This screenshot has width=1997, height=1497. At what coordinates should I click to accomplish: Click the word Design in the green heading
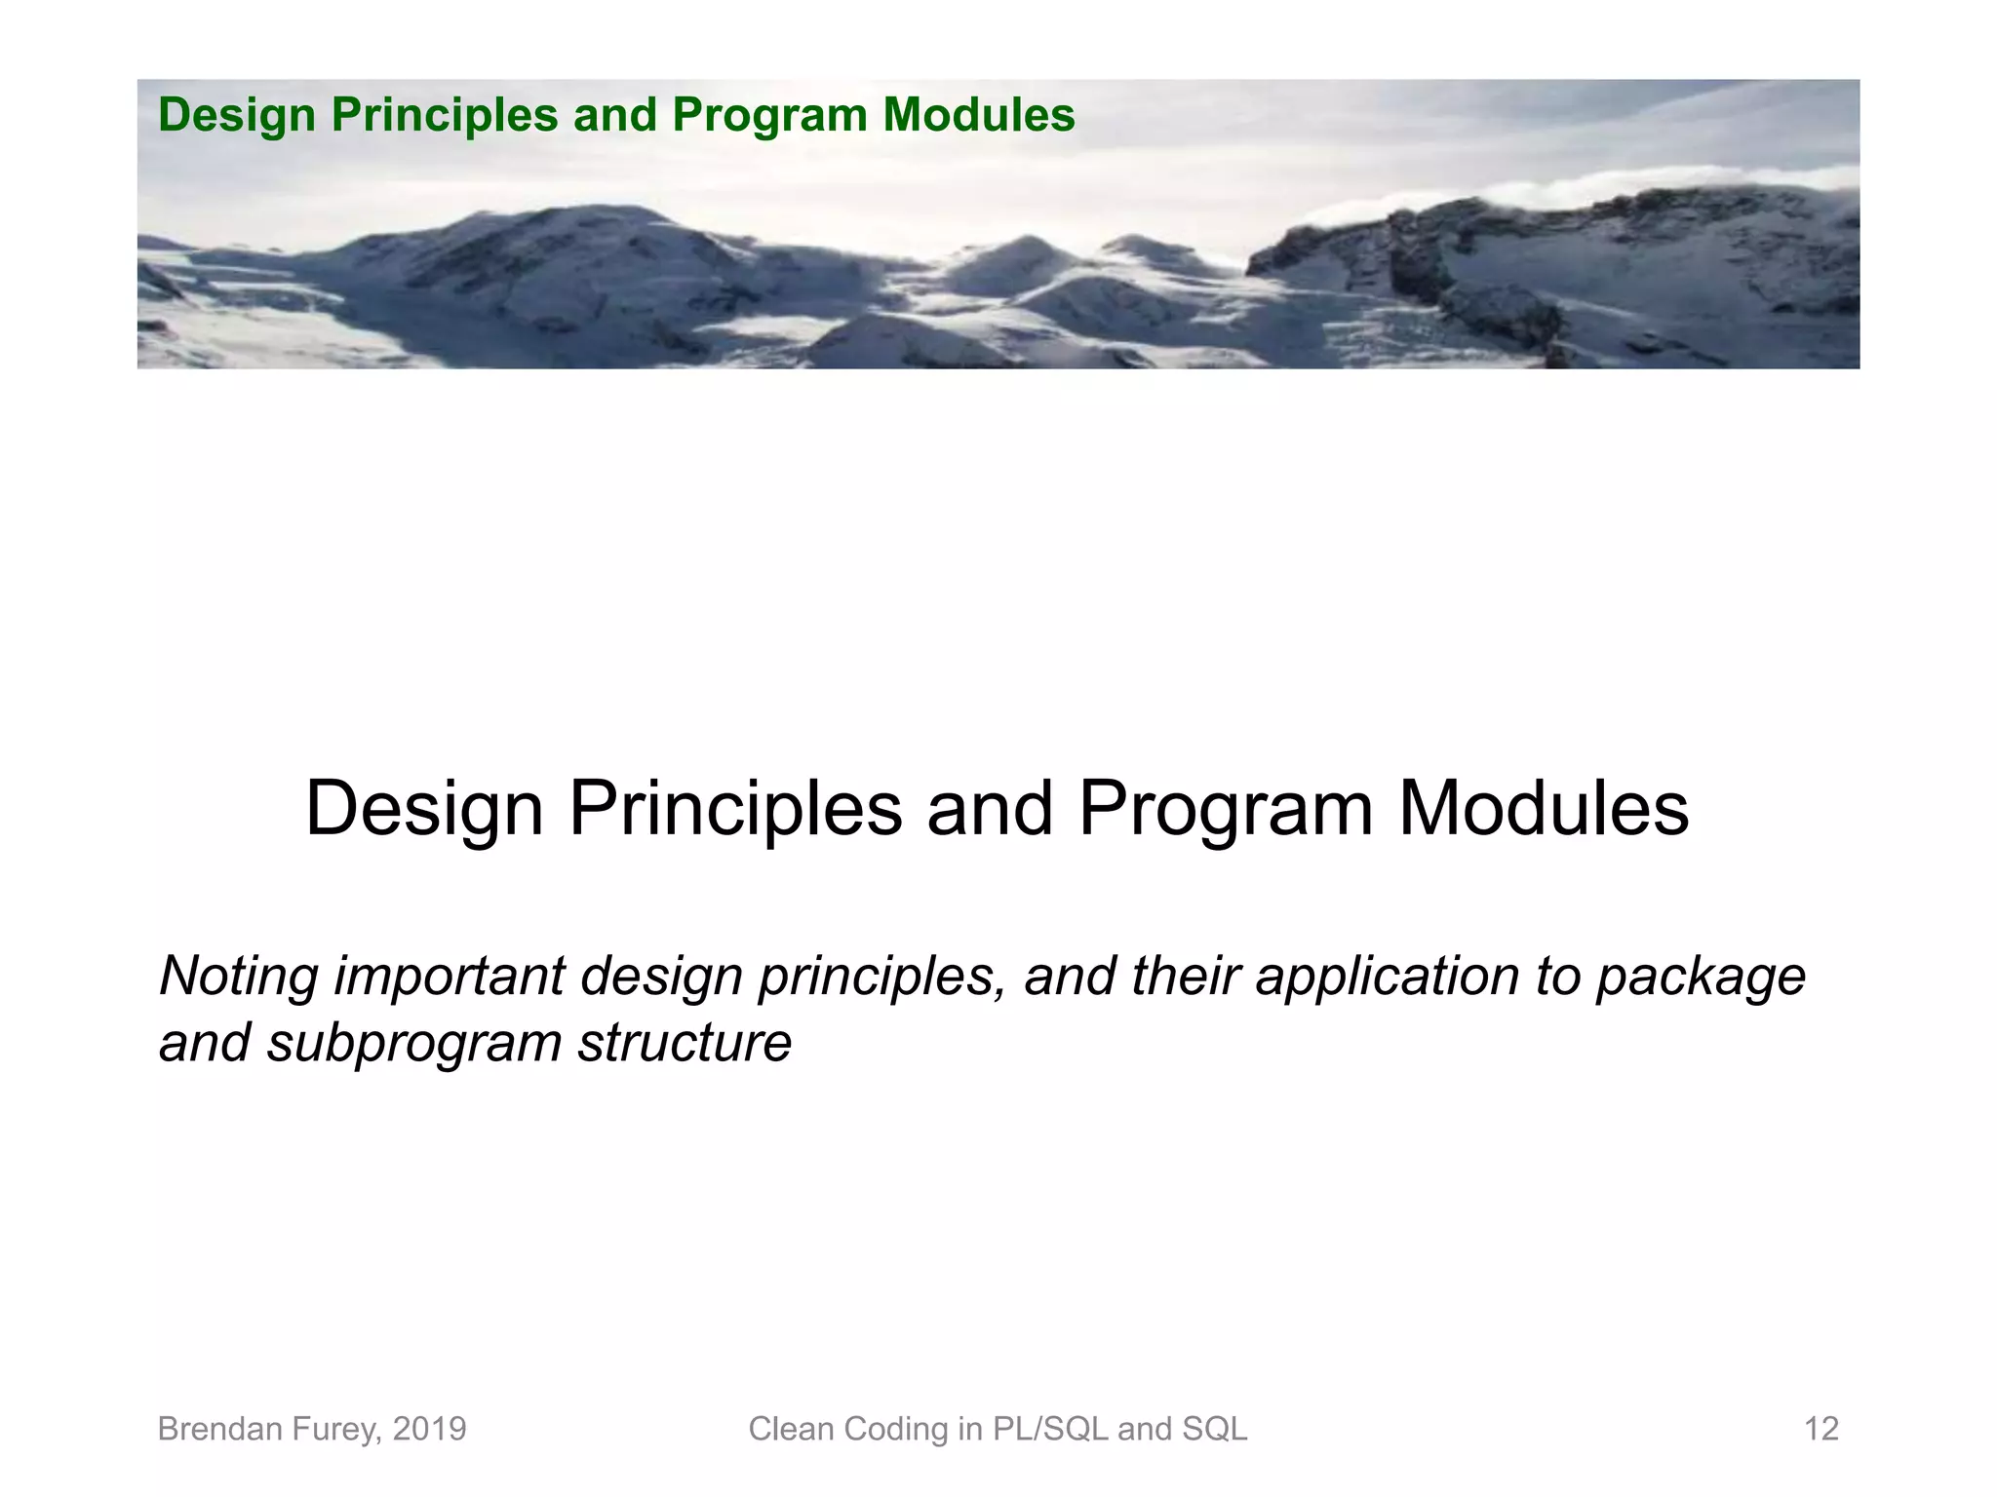click(237, 116)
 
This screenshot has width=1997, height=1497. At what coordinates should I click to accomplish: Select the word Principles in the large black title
click(735, 809)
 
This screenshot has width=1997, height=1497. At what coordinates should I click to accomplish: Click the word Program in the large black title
click(1225, 809)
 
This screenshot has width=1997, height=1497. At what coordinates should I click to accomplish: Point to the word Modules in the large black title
click(1543, 809)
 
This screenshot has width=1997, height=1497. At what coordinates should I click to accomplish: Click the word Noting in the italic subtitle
click(239, 977)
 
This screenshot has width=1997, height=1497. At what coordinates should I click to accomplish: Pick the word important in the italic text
click(450, 977)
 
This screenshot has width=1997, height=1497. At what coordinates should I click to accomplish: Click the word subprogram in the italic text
click(414, 1044)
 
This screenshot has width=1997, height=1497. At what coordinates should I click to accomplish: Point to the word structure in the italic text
click(685, 1043)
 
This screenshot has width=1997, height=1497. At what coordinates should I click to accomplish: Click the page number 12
click(1821, 1429)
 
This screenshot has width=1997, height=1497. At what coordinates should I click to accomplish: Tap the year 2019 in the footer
click(429, 1429)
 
